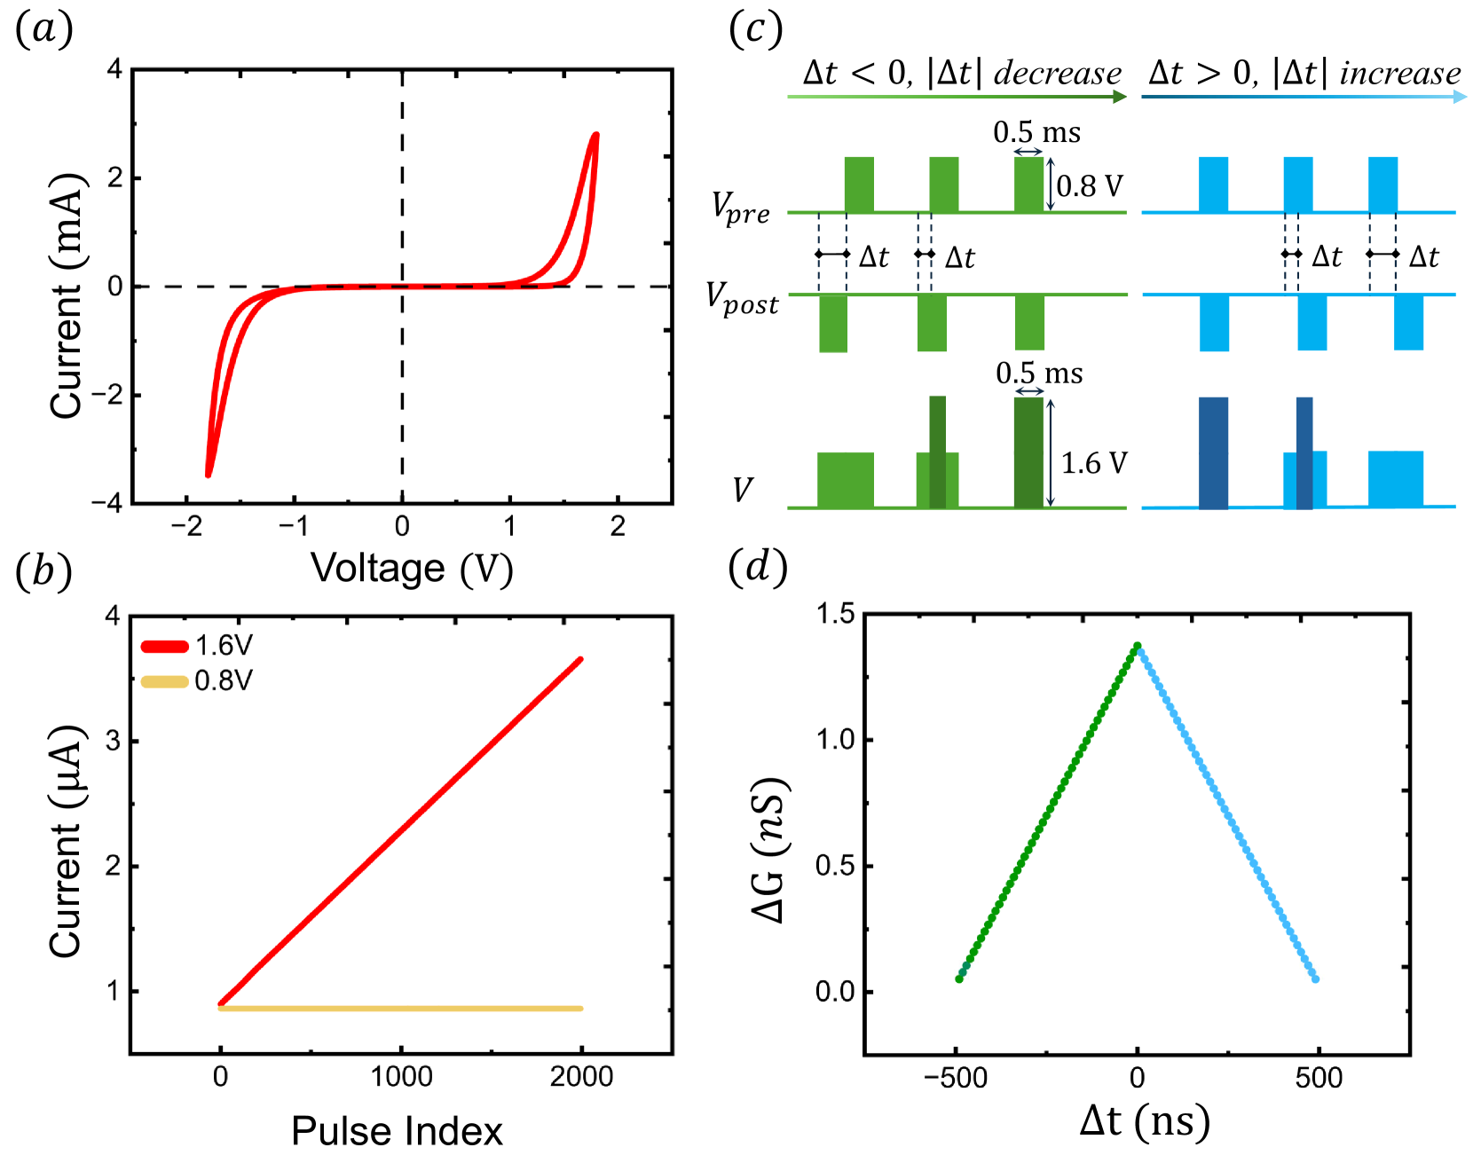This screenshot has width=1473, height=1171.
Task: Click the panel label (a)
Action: pyautogui.click(x=43, y=29)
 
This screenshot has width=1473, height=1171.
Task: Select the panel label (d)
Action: pyautogui.click(x=757, y=567)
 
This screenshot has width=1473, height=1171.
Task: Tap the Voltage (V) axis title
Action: pyautogui.click(x=412, y=569)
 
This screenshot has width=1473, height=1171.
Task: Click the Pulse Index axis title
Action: pyautogui.click(x=397, y=1131)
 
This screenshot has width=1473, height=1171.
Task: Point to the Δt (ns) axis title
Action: pyautogui.click(x=1145, y=1121)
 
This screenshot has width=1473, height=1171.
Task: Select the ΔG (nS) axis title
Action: pyautogui.click(x=768, y=850)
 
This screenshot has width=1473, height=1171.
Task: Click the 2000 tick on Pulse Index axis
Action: pyautogui.click(x=581, y=1077)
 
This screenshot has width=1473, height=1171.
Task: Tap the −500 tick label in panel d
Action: pyautogui.click(x=956, y=1078)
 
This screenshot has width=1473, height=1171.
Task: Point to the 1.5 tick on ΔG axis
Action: pyautogui.click(x=835, y=614)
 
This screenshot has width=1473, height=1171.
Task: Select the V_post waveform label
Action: pyautogui.click(x=742, y=298)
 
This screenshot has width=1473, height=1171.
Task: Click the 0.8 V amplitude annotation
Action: pyautogui.click(x=1090, y=186)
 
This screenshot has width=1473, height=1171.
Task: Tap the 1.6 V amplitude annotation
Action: pyautogui.click(x=1094, y=463)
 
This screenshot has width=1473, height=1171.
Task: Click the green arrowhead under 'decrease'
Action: pyautogui.click(x=1120, y=96)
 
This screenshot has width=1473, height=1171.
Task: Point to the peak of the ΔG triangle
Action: pyautogui.click(x=1137, y=646)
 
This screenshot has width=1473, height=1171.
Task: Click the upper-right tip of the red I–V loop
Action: pyautogui.click(x=595, y=135)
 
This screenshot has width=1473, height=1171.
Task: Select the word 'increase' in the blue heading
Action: pyautogui.click(x=1399, y=73)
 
